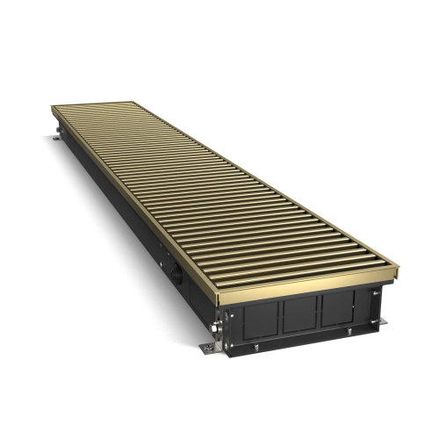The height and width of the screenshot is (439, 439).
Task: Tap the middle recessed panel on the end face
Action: [x=300, y=311]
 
